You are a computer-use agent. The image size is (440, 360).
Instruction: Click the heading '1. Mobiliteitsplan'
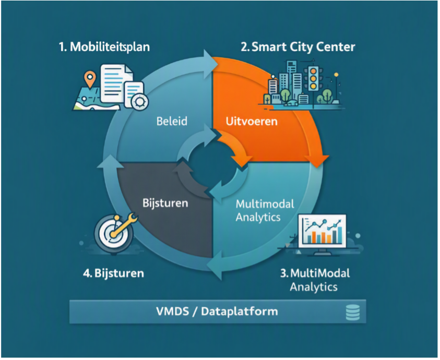[x=104, y=47]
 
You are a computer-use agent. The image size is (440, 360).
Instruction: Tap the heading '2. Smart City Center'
[x=298, y=47]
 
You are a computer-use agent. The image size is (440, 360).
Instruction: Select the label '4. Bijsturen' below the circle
[x=113, y=273]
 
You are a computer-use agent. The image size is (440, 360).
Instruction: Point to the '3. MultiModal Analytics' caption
[x=315, y=280]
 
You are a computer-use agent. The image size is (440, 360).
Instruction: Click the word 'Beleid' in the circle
[x=172, y=121]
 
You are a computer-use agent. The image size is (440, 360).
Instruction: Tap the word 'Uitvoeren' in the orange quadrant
[x=252, y=121]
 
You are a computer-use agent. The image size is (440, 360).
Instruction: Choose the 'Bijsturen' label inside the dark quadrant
[x=165, y=203]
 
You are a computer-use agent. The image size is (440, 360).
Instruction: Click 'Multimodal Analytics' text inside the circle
[x=265, y=210]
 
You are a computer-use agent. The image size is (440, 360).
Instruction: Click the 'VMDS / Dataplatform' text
[x=217, y=311]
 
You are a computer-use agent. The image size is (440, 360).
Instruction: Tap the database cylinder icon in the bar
[x=353, y=313]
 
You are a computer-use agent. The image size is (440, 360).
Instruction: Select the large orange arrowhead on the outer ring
[x=317, y=161]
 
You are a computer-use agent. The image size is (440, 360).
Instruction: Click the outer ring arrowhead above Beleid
[x=211, y=64]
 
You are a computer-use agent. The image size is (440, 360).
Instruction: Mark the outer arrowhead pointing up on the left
[x=110, y=162]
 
